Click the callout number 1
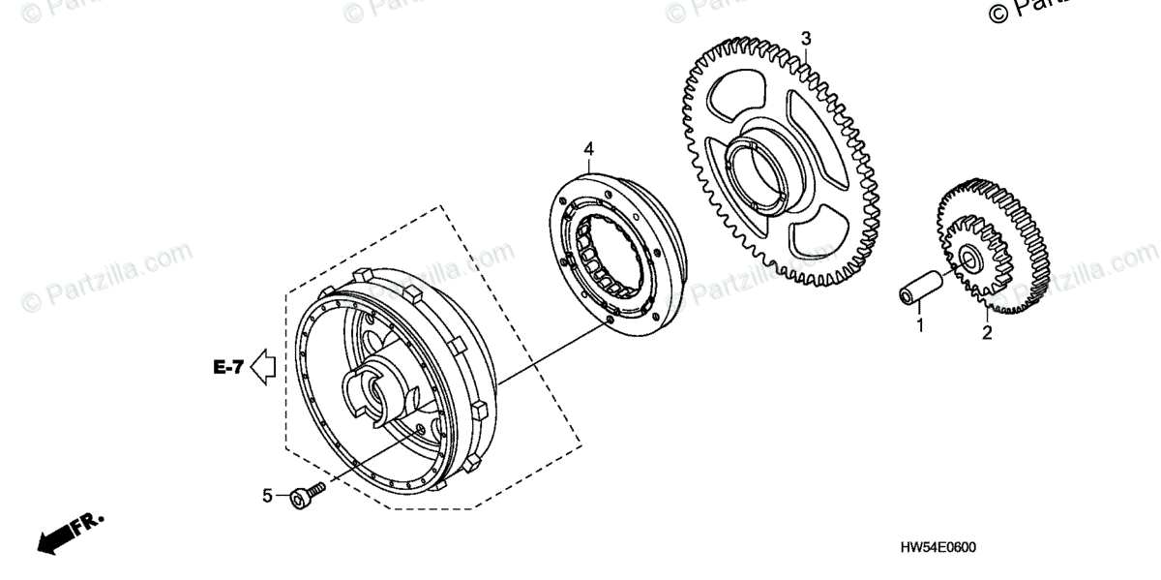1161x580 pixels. (x=920, y=326)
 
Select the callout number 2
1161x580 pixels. (x=987, y=334)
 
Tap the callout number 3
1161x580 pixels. (x=806, y=39)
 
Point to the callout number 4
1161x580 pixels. (x=588, y=149)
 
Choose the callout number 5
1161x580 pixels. (x=267, y=496)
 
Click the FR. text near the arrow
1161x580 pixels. (x=90, y=523)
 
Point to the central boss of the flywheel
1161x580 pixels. (x=378, y=388)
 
